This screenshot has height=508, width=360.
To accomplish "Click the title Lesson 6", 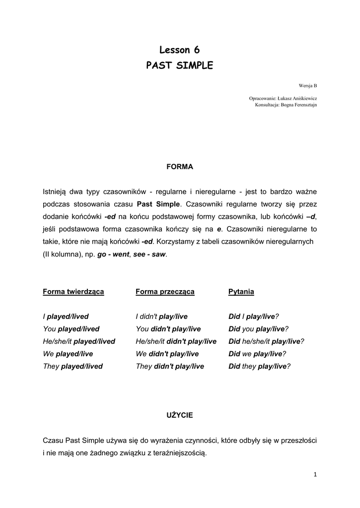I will pos(179,50).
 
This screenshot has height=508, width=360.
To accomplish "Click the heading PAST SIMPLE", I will pos(179,65).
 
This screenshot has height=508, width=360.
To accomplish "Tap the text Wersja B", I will pos(308,85).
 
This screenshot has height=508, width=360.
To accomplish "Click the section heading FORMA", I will pos(179,167).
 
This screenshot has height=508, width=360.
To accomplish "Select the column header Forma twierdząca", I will pos(73,292).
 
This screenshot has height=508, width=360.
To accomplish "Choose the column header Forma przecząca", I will pos(165,292).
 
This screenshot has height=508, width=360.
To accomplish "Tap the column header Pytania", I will pos(241,292).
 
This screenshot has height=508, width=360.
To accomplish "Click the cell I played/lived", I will pos(66,317).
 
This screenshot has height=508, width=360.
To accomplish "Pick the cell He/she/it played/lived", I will pos(79,341).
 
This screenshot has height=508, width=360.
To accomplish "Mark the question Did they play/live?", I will pos(259,367).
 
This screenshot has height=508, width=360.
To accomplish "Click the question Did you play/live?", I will pos(258,329).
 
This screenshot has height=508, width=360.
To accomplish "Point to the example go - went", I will pos(113,254).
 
